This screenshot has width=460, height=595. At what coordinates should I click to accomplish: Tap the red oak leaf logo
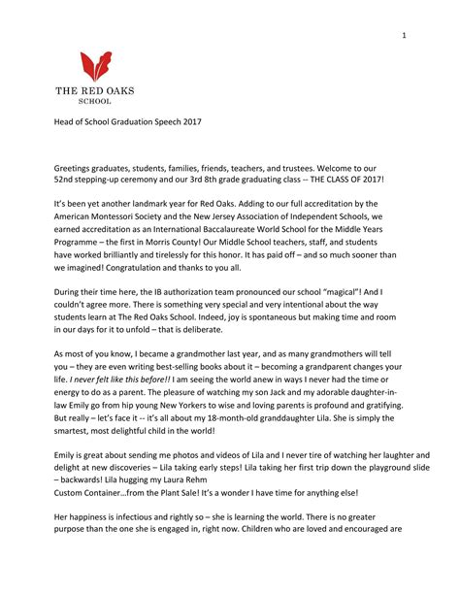click(x=94, y=66)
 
